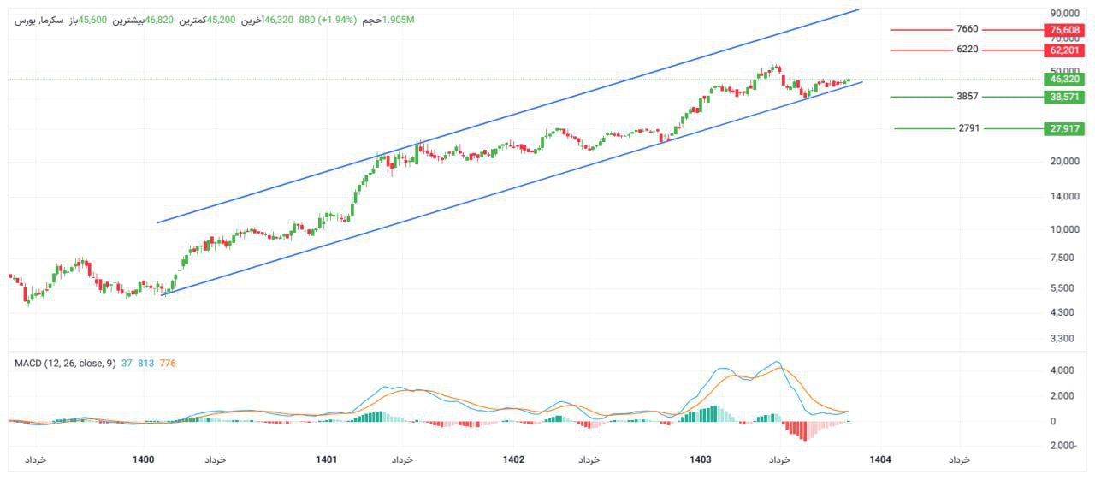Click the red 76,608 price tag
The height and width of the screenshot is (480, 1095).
tap(1065, 30)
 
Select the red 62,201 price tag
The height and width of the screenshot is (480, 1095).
tap(1065, 50)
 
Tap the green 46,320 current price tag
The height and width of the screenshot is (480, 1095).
tap(1065, 79)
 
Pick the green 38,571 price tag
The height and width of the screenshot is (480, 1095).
tap(1065, 98)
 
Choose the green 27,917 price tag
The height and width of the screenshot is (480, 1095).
tap(1065, 129)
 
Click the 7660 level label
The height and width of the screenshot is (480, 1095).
tap(968, 29)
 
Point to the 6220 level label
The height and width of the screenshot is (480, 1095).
tap(968, 50)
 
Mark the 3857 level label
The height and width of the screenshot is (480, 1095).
tap(968, 97)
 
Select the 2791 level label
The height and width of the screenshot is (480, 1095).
tap(969, 128)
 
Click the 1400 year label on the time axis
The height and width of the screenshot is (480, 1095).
tap(144, 460)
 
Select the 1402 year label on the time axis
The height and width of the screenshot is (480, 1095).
tap(513, 460)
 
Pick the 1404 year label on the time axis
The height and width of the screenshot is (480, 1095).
tap(880, 460)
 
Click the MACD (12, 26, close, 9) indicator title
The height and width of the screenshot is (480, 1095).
tap(65, 364)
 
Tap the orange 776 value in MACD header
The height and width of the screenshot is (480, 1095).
tap(168, 364)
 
